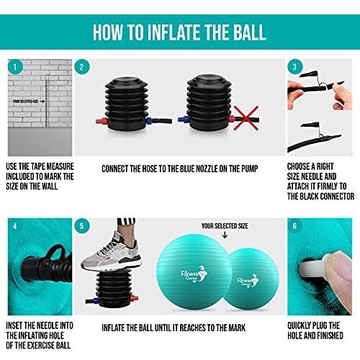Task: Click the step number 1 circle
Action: [15, 67]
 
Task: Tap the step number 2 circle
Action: [82, 67]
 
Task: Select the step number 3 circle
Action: [295, 67]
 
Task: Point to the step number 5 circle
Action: [82, 226]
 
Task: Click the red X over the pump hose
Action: [246, 118]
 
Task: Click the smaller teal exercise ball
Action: [252, 279]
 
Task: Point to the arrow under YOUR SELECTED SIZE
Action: [225, 235]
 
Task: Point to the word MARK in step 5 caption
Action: [237, 328]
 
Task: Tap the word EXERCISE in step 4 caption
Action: [41, 346]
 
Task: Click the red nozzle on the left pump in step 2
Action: [102, 121]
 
